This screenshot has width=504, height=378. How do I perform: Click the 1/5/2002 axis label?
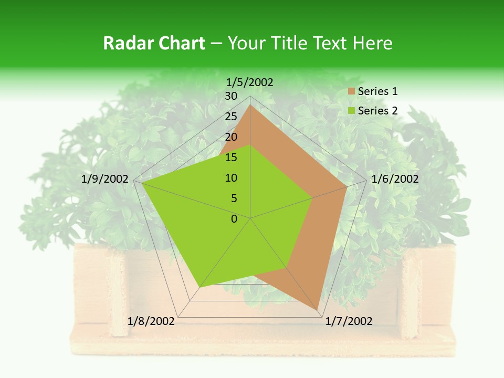[249, 82]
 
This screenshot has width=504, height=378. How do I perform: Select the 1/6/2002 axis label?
[395, 179]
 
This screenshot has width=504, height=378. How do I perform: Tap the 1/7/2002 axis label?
[349, 321]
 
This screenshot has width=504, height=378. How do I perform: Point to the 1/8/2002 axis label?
[151, 321]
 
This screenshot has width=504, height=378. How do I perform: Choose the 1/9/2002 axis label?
[105, 179]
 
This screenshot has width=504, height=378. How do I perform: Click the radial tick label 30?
[231, 96]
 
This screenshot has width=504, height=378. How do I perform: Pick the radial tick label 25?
[231, 117]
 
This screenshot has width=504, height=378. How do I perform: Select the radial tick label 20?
[231, 137]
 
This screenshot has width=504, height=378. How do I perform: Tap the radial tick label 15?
[231, 157]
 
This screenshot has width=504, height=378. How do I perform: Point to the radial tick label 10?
[231, 178]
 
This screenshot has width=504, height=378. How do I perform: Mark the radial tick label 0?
[234, 219]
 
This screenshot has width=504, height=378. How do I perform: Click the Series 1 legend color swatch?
[352, 92]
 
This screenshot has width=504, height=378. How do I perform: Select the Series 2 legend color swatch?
[352, 111]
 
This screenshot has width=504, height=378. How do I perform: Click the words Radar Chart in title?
[154, 44]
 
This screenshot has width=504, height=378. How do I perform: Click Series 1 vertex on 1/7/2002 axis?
[317, 310]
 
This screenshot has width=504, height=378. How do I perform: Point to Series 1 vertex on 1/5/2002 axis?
[250, 105]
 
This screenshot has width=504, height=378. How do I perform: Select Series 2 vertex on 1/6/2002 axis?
[312, 198]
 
